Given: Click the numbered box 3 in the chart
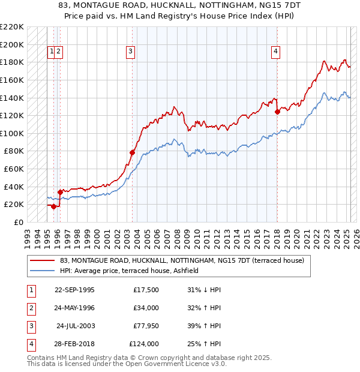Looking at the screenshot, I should click(130, 52).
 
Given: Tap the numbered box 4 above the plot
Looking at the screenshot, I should click(275, 52).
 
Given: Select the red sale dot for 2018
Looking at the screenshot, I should click(277, 111).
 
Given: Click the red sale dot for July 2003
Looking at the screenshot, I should click(132, 152).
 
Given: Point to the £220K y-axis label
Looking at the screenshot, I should click(12, 27).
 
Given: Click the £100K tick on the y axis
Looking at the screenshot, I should click(12, 133).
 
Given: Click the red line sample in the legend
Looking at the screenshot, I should click(42, 260).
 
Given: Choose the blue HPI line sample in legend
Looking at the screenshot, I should click(42, 271).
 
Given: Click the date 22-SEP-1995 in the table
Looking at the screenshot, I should click(74, 290).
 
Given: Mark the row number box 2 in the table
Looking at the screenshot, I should click(30, 308).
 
